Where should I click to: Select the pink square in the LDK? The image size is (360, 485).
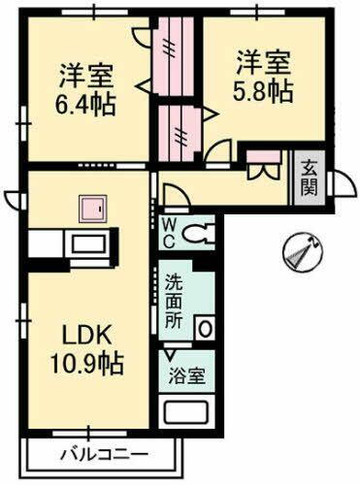92,208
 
